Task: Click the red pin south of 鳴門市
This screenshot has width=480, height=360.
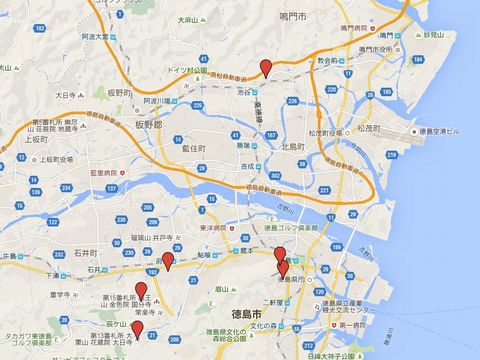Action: pyautogui.click(x=265, y=68)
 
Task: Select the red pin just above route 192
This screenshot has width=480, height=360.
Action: pyautogui.click(x=168, y=261)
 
